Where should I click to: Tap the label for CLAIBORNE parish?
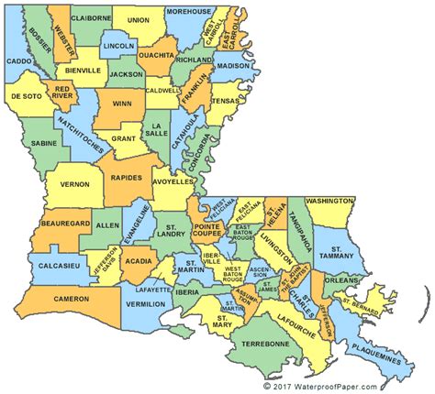[91, 17]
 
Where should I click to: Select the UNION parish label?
[139, 19]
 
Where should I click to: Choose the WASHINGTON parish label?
[330, 200]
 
